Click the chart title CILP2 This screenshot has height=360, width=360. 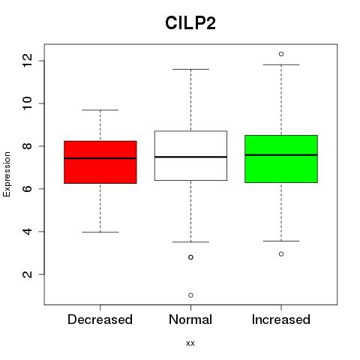click(x=190, y=23)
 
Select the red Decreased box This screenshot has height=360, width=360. click(x=100, y=162)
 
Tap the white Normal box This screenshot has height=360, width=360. click(x=190, y=155)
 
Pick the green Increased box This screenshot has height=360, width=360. click(x=281, y=159)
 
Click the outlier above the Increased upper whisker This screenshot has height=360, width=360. click(x=281, y=54)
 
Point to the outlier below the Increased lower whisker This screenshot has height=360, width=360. click(x=281, y=254)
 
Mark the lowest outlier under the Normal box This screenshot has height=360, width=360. click(x=190, y=295)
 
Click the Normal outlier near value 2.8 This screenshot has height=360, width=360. click(x=190, y=257)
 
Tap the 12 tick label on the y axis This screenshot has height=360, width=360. click(x=27, y=61)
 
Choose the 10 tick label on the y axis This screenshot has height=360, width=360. click(x=27, y=103)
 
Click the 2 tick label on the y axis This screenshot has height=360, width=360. click(x=27, y=274)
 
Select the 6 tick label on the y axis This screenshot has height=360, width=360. click(x=27, y=189)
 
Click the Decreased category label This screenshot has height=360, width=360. click(x=100, y=319)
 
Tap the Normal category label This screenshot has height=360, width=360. click(x=190, y=319)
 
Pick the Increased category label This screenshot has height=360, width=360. click(x=281, y=319)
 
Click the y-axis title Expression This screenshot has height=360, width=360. click(x=7, y=174)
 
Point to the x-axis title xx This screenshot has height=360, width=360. click(x=190, y=343)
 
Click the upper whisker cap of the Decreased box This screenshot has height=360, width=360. click(x=100, y=110)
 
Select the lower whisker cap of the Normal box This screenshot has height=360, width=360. click(x=190, y=242)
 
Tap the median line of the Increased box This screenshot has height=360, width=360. click(x=281, y=155)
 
